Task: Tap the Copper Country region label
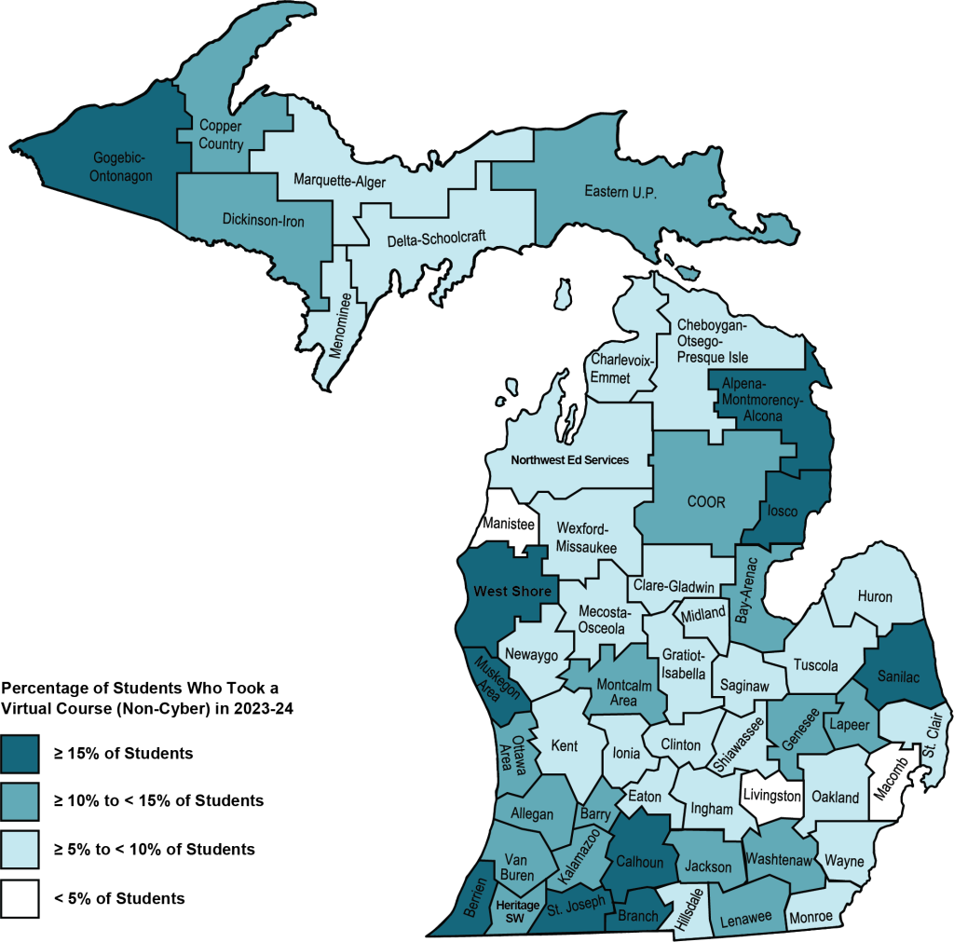(222, 136)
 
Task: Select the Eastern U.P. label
(621, 193)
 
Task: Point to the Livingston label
(770, 797)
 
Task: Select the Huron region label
(874, 596)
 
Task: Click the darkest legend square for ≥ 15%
(20, 753)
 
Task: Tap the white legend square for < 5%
(20, 898)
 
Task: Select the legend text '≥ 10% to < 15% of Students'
(158, 801)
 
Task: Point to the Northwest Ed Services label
(570, 459)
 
